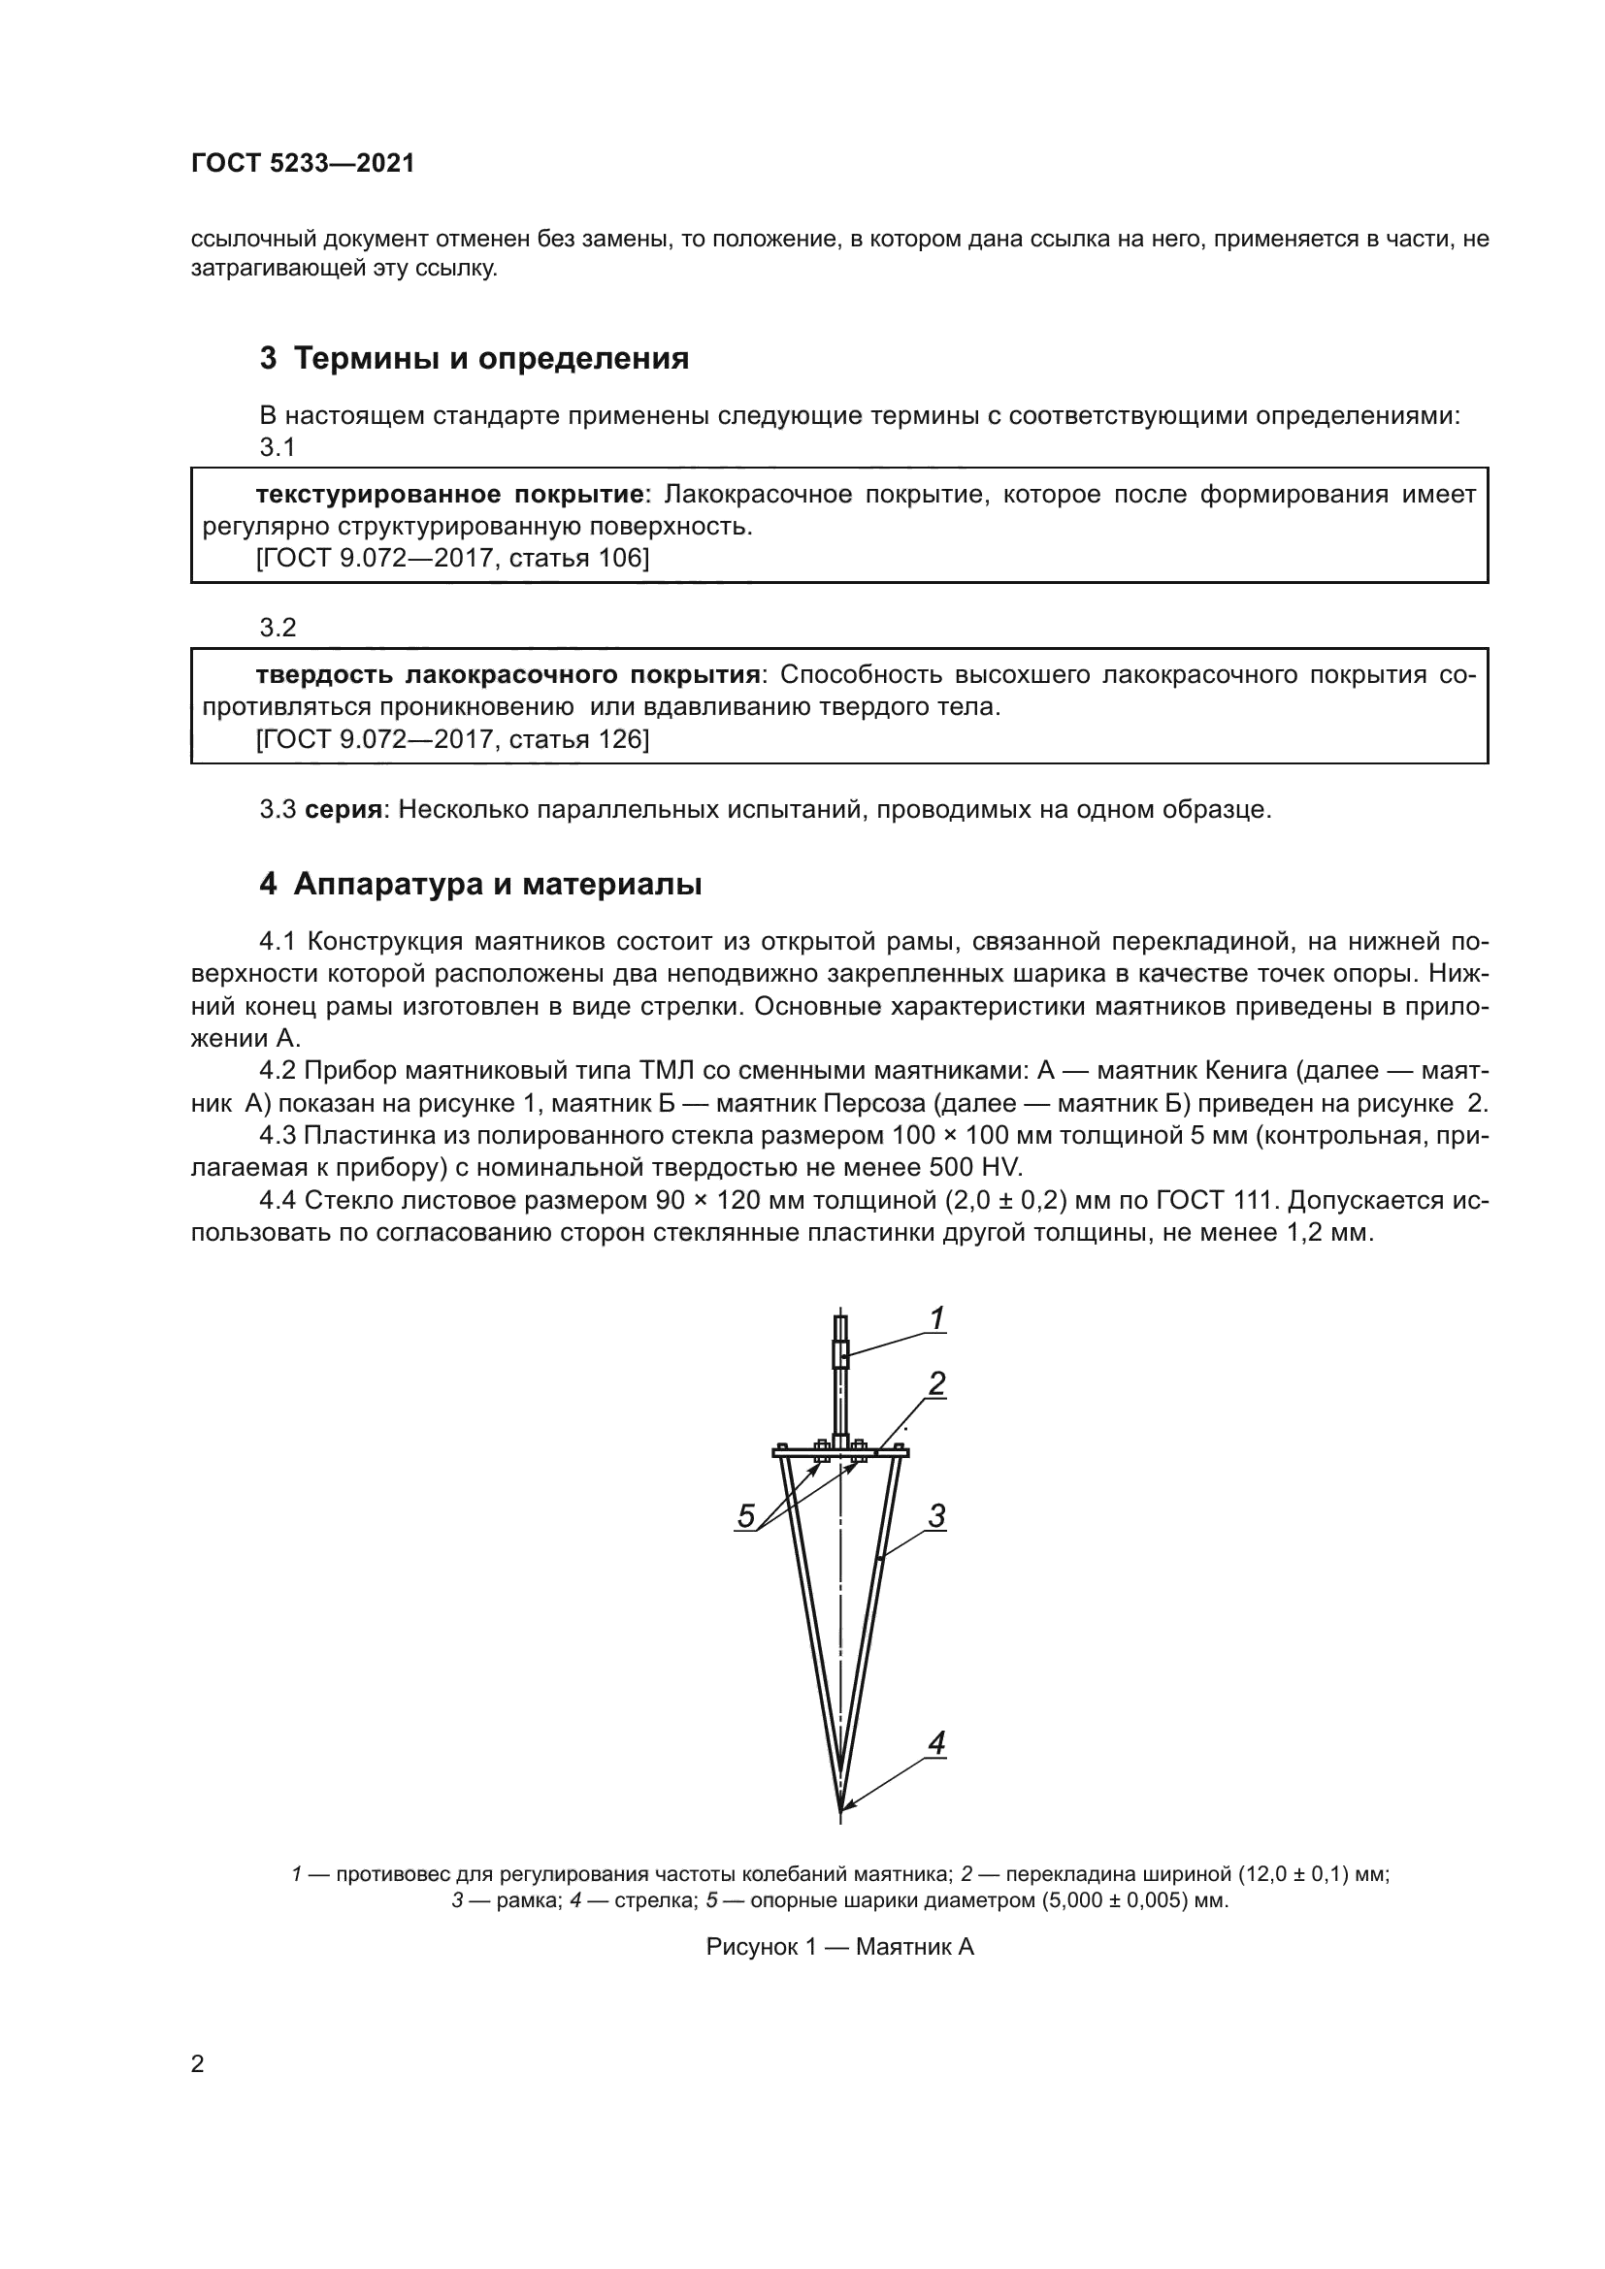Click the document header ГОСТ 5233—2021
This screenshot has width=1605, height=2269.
point(303,164)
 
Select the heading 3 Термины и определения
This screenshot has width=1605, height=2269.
point(475,358)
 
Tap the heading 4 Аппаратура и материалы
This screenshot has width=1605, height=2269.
point(480,885)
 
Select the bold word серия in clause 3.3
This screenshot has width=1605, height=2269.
point(343,810)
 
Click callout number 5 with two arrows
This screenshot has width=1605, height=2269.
point(746,1516)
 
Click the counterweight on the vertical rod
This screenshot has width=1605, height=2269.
point(841,1353)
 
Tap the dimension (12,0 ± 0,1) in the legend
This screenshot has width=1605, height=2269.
point(1293,1875)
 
